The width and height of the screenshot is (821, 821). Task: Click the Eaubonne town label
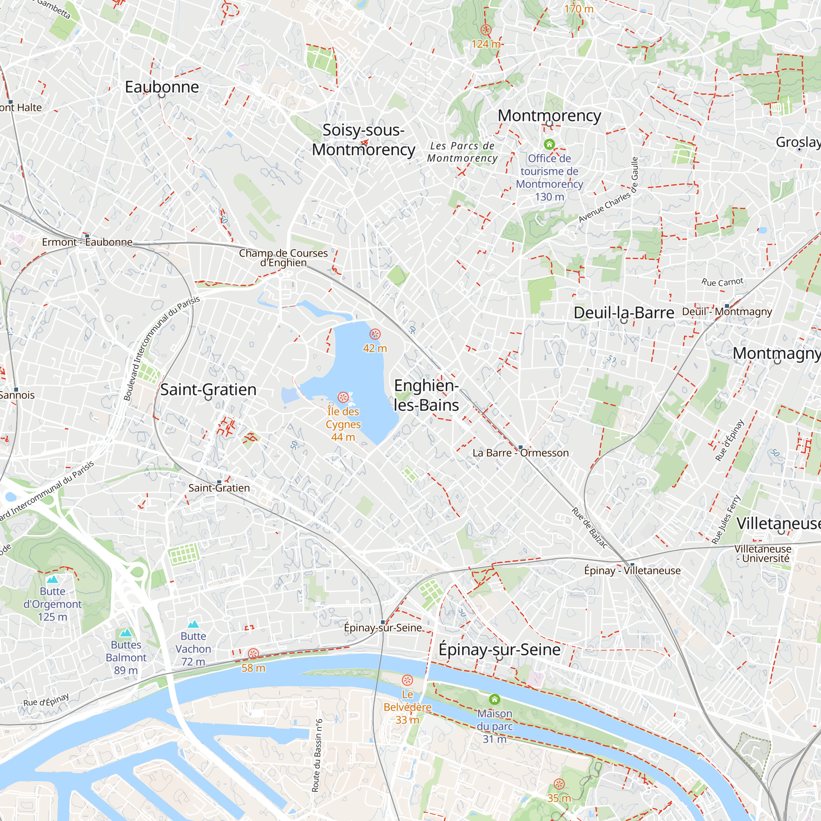(162, 87)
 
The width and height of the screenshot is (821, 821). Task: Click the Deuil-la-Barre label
(624, 313)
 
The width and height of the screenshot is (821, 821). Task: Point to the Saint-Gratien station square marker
(219, 482)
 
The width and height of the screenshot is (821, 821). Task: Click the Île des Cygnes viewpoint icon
(343, 397)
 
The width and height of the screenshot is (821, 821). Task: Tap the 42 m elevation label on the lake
(375, 349)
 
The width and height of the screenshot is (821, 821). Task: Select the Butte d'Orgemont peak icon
(53, 580)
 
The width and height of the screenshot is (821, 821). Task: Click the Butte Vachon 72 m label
(193, 649)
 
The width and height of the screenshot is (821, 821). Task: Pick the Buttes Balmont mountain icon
(126, 633)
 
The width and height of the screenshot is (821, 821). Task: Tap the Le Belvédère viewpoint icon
(407, 680)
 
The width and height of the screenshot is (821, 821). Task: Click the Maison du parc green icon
(494, 699)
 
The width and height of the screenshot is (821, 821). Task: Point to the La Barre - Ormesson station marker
(521, 447)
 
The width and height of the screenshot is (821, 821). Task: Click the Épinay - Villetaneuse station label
(632, 571)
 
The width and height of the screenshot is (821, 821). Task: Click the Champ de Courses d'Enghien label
(283, 257)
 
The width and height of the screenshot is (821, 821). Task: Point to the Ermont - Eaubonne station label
(87, 242)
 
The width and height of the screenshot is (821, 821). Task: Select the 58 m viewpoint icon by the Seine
(253, 654)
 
